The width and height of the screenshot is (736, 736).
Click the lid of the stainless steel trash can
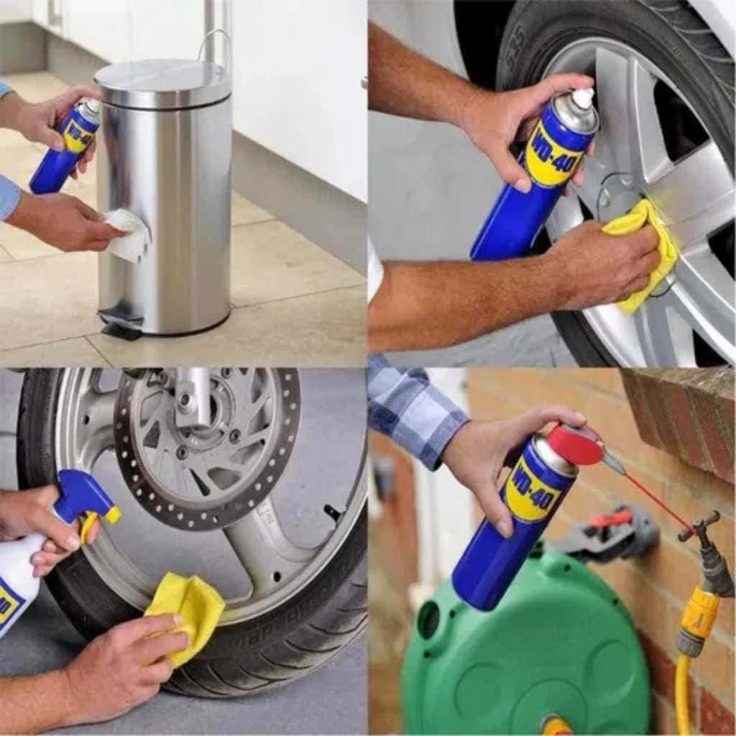pyautogui.click(x=163, y=80)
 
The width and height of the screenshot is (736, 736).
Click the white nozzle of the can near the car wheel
pyautogui.click(x=582, y=99)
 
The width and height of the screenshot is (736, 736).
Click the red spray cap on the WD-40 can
pyautogui.click(x=575, y=445)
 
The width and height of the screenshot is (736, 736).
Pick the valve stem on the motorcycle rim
pyautogui.click(x=332, y=512)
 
